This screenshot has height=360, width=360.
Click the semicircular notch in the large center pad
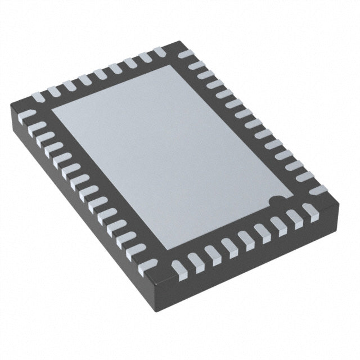click(x=275, y=200)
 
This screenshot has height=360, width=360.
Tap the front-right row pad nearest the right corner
click(x=309, y=211)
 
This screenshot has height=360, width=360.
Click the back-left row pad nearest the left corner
click(x=38, y=98)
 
